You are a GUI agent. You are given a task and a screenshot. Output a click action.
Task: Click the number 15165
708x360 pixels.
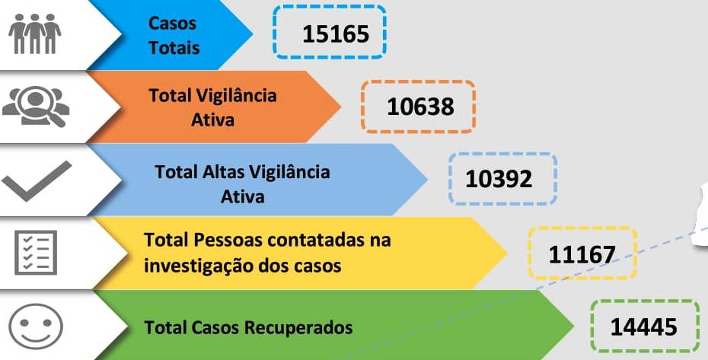point(335,33)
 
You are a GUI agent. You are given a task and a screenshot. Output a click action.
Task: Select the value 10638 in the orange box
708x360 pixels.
point(420,106)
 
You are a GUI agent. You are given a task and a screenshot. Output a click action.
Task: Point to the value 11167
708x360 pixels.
point(582,253)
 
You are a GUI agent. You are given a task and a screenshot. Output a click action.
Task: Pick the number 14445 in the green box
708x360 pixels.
point(643,327)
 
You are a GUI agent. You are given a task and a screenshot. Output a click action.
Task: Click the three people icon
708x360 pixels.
point(34,33)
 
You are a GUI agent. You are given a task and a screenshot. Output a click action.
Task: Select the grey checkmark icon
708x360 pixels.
point(36,180)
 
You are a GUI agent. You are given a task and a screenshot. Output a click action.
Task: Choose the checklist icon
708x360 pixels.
point(36,252)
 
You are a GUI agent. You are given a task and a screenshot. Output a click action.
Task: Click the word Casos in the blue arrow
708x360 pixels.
point(173,24)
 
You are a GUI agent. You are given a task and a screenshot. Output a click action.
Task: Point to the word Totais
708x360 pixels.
point(174,48)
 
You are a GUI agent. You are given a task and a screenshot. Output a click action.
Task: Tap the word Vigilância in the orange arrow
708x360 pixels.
point(236,96)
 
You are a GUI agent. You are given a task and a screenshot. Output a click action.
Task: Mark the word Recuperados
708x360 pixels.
point(298,328)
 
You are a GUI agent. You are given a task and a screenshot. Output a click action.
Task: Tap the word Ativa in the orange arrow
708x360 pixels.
point(213,119)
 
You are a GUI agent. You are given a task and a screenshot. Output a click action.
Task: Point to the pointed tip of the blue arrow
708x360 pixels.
point(251,34)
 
